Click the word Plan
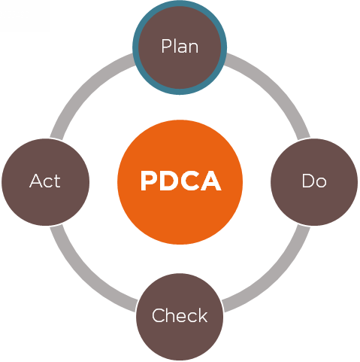tap(180, 46)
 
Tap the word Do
tap(314, 181)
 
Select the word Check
tap(180, 315)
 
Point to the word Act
tap(45, 181)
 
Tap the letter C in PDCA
tap(189, 181)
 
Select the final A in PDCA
tap(211, 181)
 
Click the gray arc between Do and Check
tap(273, 273)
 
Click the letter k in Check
tap(203, 315)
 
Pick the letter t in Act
tap(57, 181)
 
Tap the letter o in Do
tap(321, 183)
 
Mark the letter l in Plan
tap(174, 46)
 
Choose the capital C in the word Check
tap(158, 315)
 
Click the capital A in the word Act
tap(35, 181)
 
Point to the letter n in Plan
tap(193, 47)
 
